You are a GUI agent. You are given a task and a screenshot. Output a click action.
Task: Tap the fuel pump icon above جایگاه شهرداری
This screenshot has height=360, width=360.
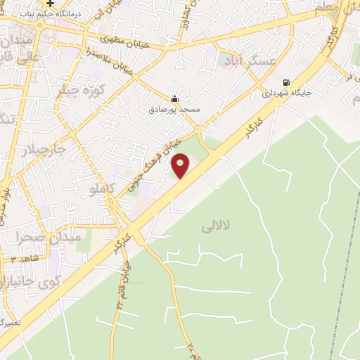tap(286, 82)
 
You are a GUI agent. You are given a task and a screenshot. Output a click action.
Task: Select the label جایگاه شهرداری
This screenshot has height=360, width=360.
tap(287, 92)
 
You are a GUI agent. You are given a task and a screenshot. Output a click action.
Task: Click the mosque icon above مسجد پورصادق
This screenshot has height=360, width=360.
tap(174, 98)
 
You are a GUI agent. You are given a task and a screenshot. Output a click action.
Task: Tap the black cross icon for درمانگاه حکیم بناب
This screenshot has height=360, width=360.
tap(51, 4)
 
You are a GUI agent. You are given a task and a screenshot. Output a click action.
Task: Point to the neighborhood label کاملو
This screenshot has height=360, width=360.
tap(98, 188)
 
